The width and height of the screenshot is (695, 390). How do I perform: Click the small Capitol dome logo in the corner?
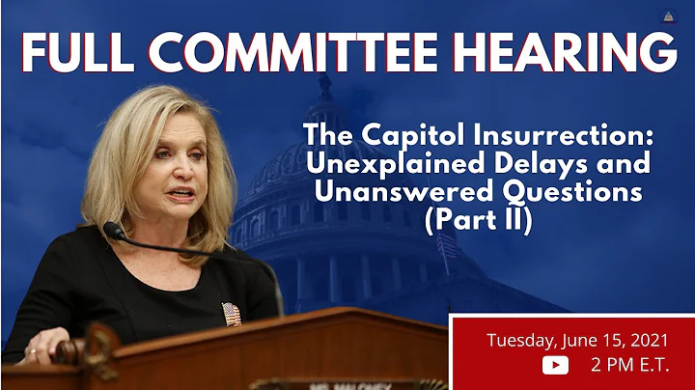pyautogui.click(x=668, y=15)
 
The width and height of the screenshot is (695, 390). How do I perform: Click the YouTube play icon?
pyautogui.click(x=555, y=364)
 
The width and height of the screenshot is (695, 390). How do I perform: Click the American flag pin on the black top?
pyautogui.click(x=232, y=314)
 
